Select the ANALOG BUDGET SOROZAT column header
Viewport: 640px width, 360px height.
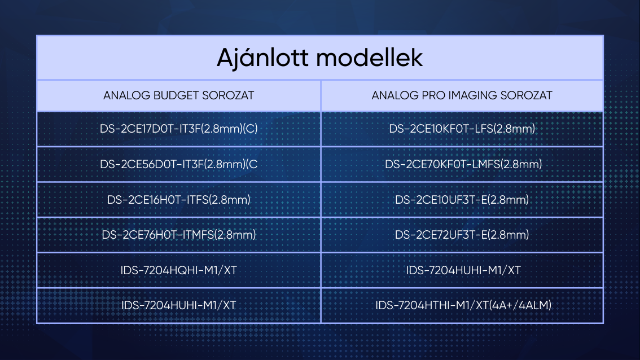click(x=178, y=95)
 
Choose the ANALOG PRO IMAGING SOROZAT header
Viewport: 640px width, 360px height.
click(x=462, y=95)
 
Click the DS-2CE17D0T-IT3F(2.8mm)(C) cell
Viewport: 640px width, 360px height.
click(x=179, y=129)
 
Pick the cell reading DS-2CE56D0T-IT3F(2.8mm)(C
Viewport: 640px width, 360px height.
click(x=179, y=164)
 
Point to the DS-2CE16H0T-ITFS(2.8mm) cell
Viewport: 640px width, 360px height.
click(x=179, y=200)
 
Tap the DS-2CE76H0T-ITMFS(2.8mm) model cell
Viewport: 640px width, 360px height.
click(x=179, y=235)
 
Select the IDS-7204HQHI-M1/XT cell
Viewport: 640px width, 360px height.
click(x=179, y=270)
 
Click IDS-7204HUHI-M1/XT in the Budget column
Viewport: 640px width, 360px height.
click(x=179, y=305)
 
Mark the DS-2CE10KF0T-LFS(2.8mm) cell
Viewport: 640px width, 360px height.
click(x=462, y=129)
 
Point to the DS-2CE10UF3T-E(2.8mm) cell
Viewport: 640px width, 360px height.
click(x=462, y=200)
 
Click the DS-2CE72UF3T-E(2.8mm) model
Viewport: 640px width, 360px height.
click(x=462, y=235)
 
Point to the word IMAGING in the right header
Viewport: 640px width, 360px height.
click(x=472, y=95)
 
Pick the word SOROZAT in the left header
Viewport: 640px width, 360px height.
click(x=228, y=95)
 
